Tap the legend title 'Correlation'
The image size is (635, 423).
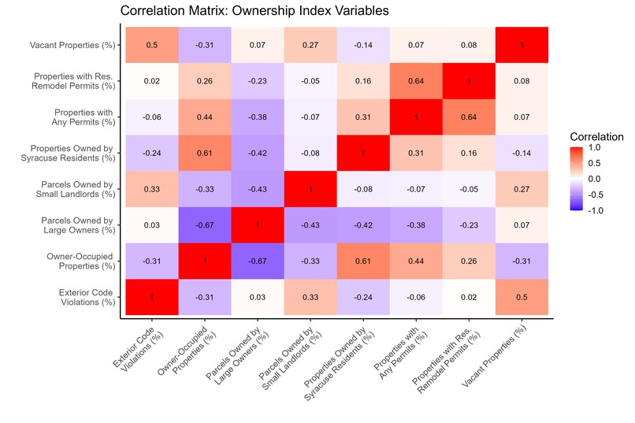[x=597, y=136]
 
